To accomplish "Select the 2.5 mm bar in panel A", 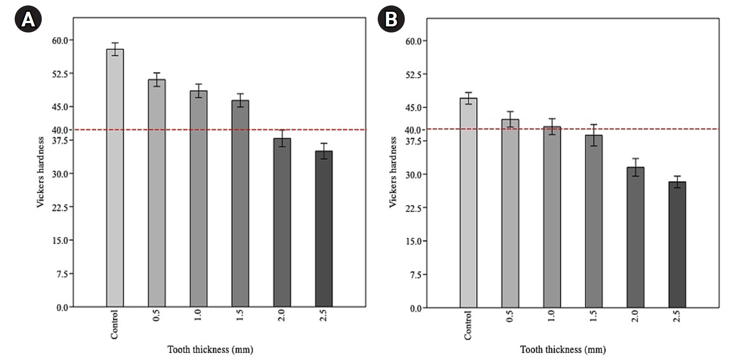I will click(x=324, y=229).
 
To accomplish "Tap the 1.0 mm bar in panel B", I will click(x=552, y=217).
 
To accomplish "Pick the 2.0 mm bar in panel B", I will click(x=635, y=237).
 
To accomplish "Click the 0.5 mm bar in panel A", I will click(x=157, y=193).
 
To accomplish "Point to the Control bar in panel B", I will click(x=468, y=203).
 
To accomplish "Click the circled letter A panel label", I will click(x=28, y=19).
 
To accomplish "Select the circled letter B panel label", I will click(x=391, y=19).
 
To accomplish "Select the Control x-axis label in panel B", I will click(x=468, y=325).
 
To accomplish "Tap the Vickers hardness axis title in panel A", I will click(x=40, y=172).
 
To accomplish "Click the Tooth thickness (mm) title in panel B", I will click(x=563, y=349).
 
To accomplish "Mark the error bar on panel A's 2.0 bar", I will click(x=282, y=138).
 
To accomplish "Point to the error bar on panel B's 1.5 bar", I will click(x=593, y=135).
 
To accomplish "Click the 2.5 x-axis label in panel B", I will click(x=677, y=316).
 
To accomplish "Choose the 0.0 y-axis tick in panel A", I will click(x=62, y=307).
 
